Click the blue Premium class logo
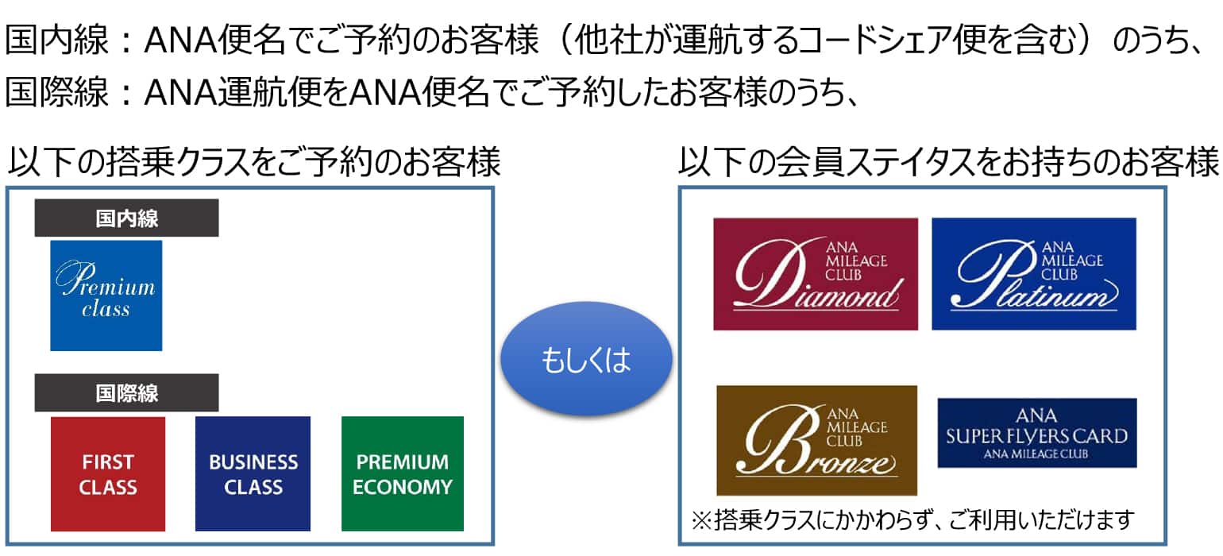[x=106, y=295]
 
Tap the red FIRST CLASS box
[x=107, y=473]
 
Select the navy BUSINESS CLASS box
[x=253, y=473]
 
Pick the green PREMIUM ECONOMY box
[x=402, y=473]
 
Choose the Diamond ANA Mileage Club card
[x=815, y=273]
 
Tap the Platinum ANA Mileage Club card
[x=1033, y=273]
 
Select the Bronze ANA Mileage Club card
[x=816, y=440]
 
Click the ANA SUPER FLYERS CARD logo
[x=1036, y=433]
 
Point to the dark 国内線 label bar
[x=126, y=218]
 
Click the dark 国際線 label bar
[x=126, y=392]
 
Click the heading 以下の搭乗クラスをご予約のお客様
[x=254, y=164]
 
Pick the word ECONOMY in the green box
[x=402, y=487]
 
